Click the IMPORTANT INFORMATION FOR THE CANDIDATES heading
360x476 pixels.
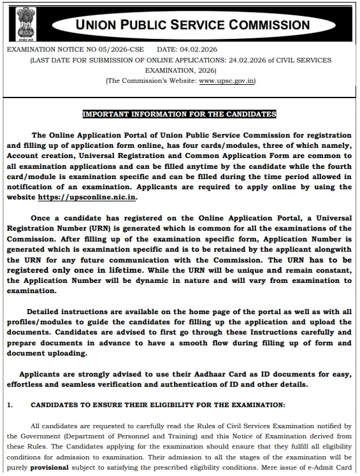point(180,114)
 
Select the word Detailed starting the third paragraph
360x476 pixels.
point(50,312)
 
